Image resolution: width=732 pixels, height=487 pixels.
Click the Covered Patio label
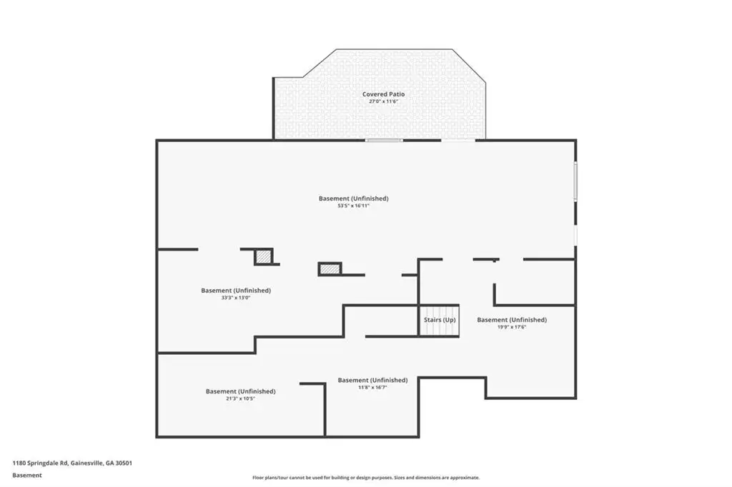[383, 94]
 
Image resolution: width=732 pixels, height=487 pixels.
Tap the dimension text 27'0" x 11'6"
[383, 101]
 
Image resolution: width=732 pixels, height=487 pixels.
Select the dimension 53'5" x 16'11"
[353, 206]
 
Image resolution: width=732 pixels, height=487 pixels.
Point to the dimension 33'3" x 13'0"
[236, 298]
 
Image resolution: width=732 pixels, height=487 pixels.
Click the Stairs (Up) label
[440, 320]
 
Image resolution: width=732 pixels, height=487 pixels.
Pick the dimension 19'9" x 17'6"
[512, 327]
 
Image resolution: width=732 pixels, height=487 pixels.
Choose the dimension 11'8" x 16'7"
[372, 387]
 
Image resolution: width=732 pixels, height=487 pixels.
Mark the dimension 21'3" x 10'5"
[240, 398]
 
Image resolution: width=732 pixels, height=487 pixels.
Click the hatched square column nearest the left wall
[263, 256]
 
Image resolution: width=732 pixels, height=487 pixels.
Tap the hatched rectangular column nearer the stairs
[330, 269]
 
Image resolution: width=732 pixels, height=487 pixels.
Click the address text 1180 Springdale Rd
[41, 463]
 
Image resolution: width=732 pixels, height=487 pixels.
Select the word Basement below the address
[27, 476]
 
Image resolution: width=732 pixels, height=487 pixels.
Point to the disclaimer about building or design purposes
[366, 478]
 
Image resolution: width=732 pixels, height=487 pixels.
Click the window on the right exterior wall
[575, 181]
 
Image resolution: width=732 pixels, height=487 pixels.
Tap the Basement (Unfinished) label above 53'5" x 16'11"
[353, 199]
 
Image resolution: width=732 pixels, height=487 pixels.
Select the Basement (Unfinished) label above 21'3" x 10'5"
[240, 391]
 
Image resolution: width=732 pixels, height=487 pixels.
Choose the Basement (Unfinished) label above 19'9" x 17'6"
[512, 320]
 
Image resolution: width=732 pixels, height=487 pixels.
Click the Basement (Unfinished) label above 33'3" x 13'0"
[236, 291]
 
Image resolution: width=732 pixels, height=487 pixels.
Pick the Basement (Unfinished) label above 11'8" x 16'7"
[372, 380]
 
